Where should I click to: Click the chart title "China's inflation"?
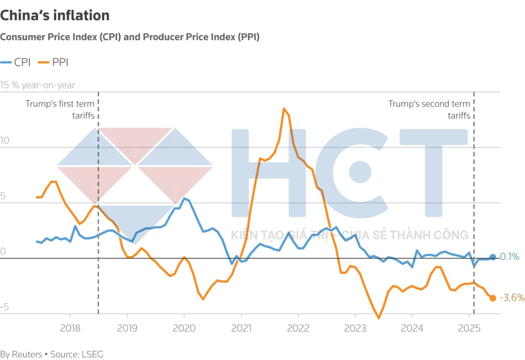(x=55, y=15)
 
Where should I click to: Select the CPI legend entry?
(x=16, y=62)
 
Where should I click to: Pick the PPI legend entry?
(x=53, y=62)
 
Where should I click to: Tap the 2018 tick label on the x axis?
(x=70, y=328)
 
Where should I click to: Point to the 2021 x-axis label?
(x=241, y=328)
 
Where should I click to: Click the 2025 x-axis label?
(x=469, y=328)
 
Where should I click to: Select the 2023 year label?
(x=355, y=328)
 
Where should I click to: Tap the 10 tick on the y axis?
(x=5, y=140)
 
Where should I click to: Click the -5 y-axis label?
(x=5, y=307)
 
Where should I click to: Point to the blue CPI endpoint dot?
(x=493, y=257)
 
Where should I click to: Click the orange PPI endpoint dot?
(x=493, y=298)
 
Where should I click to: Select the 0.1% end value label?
(x=509, y=256)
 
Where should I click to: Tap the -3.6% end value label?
(x=512, y=297)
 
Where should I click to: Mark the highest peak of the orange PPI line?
(x=284, y=109)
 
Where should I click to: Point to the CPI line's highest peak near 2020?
(x=184, y=199)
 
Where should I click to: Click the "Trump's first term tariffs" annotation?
(x=60, y=110)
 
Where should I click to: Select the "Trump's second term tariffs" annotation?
(x=429, y=110)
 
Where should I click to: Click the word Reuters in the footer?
(x=27, y=354)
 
